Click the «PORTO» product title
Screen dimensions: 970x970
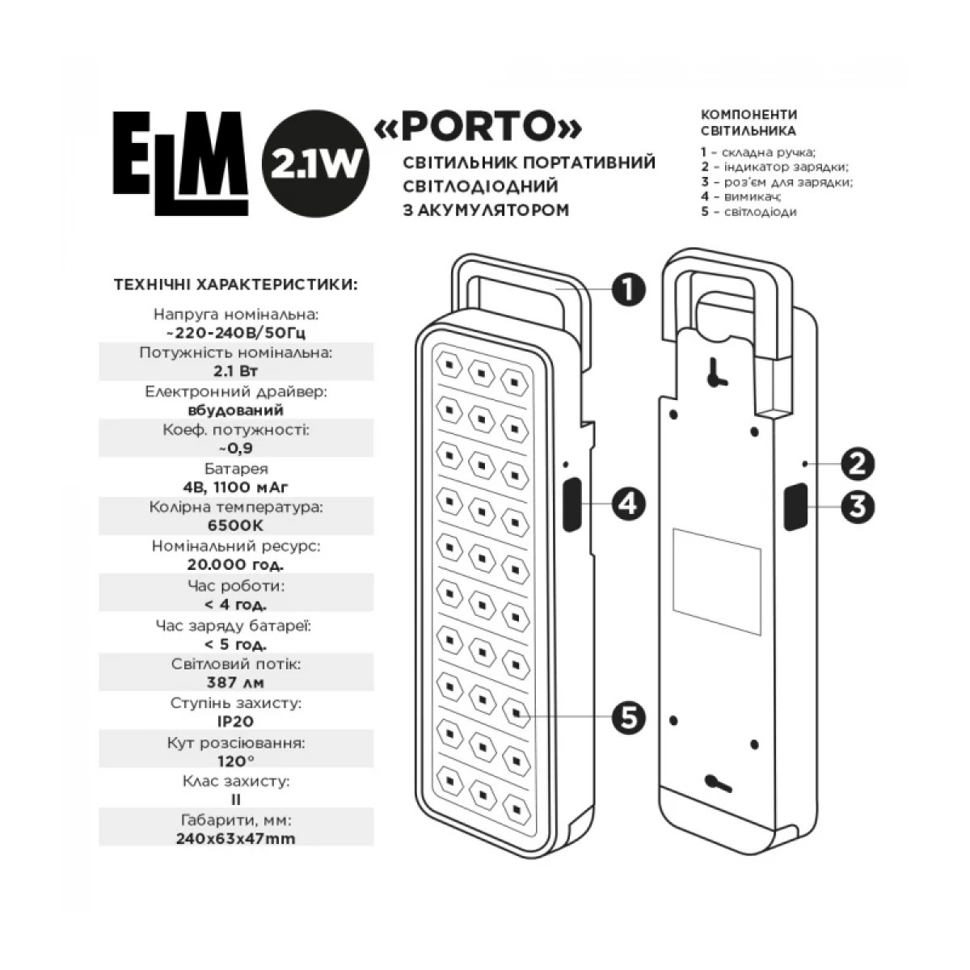pos(479,127)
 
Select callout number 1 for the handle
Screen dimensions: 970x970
pos(628,289)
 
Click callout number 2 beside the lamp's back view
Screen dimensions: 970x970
pos(858,464)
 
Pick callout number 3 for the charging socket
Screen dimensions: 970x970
pos(858,507)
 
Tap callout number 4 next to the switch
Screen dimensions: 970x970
pos(628,504)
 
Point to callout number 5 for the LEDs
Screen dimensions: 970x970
pos(628,716)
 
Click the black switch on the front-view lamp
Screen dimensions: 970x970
pos(571,505)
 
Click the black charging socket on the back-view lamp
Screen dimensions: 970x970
pos(794,507)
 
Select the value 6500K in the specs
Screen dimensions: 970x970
pos(236,525)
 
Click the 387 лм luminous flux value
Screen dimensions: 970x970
pos(236,682)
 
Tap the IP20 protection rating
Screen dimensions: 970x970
pos(236,721)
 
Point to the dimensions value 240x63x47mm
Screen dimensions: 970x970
pos(236,838)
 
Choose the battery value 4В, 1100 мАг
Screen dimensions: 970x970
pos(236,487)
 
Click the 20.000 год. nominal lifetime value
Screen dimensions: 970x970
pos(236,564)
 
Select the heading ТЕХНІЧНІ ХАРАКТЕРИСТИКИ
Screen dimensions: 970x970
pos(236,285)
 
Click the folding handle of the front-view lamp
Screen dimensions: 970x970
pos(517,279)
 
